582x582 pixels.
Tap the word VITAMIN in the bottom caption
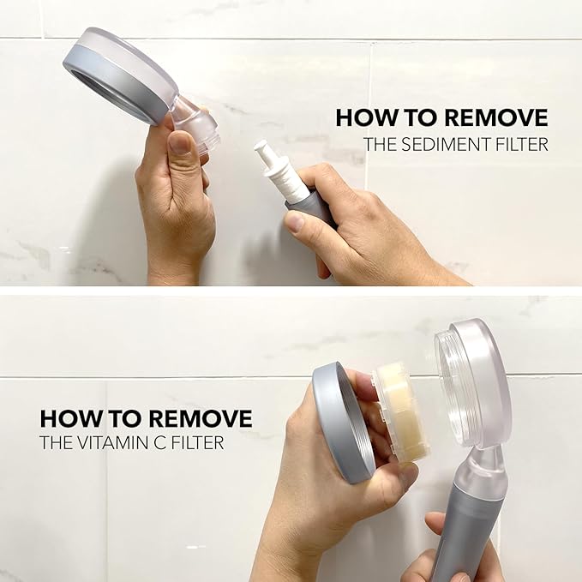tap(120, 444)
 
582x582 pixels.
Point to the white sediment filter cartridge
tap(275, 172)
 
